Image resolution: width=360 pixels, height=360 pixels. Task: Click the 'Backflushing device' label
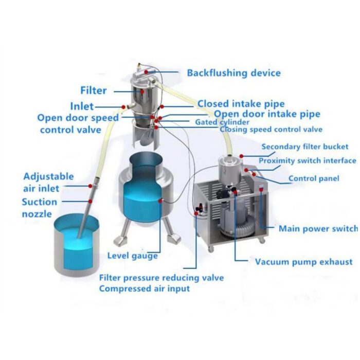(233, 73)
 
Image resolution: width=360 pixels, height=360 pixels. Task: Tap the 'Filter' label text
(94, 91)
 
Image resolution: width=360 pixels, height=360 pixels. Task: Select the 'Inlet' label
(82, 106)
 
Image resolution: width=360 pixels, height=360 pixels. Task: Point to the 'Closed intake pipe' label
(241, 104)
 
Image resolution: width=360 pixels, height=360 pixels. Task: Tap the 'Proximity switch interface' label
(307, 160)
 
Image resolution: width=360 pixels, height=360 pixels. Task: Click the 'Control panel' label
(313, 178)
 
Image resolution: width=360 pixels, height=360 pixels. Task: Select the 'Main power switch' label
(318, 228)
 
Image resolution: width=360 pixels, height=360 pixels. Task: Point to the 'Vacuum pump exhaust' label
(304, 262)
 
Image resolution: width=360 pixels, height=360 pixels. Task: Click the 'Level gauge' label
(133, 255)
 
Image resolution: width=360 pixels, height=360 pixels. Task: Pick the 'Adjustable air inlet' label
(48, 182)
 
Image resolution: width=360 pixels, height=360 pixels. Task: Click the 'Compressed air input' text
(145, 289)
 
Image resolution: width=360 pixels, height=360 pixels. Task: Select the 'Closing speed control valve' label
(271, 130)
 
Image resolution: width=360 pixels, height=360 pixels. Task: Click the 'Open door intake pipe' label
(267, 114)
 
